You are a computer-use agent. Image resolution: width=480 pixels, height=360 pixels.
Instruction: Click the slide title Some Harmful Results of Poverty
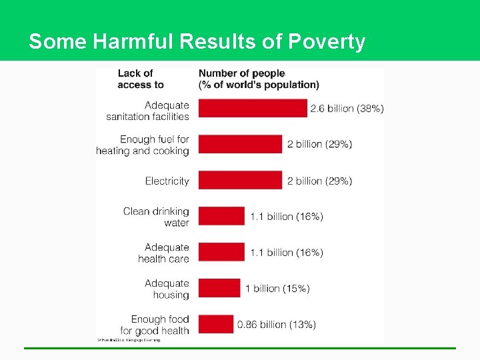(197, 41)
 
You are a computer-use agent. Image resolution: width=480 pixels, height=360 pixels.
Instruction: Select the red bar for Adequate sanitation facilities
(253, 109)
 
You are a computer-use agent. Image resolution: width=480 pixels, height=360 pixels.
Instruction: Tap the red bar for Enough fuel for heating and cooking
(241, 144)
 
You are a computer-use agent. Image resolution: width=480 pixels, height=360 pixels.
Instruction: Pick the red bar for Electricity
(241, 181)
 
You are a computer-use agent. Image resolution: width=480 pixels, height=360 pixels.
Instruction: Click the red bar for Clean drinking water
(222, 216)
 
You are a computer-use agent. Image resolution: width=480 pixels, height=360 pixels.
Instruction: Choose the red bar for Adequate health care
(222, 252)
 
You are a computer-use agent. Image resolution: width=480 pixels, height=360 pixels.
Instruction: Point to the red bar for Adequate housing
(219, 288)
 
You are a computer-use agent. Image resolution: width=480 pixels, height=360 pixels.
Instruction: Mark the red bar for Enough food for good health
(216, 324)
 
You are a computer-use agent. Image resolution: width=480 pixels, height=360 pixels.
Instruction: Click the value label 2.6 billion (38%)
(347, 109)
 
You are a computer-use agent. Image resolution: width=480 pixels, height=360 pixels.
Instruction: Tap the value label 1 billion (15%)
(277, 289)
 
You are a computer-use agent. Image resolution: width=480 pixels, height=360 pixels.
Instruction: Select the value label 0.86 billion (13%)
(277, 325)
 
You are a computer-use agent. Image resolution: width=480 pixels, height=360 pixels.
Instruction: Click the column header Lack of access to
(140, 79)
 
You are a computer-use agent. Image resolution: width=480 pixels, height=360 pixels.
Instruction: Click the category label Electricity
(167, 181)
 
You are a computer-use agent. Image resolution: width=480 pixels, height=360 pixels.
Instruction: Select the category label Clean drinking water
(157, 217)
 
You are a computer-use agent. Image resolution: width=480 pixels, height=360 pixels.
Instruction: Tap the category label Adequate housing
(167, 289)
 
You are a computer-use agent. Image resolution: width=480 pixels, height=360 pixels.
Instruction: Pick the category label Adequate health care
(165, 253)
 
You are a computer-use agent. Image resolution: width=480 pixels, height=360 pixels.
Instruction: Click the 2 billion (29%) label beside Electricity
(319, 181)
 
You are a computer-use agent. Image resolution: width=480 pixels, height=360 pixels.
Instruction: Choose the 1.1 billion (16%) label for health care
(287, 253)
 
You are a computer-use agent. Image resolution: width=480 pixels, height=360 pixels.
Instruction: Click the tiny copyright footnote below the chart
(129, 340)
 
